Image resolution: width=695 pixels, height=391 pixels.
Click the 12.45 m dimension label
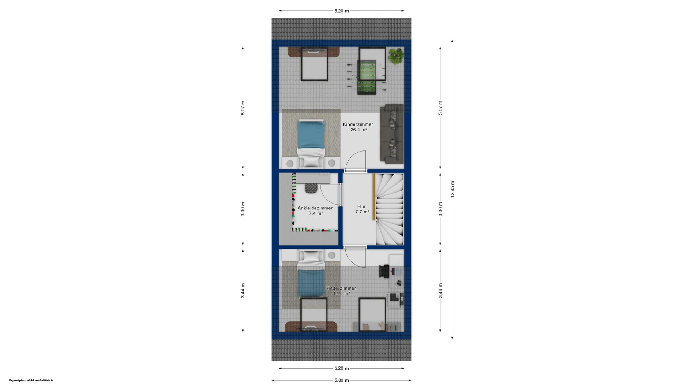pos(452,189)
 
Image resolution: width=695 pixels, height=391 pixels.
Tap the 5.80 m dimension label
pos(341,380)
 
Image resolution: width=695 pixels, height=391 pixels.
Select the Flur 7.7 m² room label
pos(362,209)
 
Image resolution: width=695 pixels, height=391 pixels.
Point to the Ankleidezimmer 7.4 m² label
pos(315,211)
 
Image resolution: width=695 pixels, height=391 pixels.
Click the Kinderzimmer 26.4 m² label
pos(358,127)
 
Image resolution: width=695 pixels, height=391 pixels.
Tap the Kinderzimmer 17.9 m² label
pos(341,291)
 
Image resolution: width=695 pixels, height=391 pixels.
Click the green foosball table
pos(367,77)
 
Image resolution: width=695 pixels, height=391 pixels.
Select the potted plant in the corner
pos(396,56)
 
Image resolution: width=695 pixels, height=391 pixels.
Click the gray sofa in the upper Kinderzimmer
pos(392,134)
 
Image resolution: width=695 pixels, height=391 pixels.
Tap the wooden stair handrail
pos(374,197)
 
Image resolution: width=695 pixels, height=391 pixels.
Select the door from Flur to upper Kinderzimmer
pos(356,161)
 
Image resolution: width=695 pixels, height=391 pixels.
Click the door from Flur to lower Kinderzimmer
pos(355,257)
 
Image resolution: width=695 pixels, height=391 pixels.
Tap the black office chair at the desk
pos(384,271)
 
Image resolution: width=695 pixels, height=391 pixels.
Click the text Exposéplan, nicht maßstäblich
pos(31,380)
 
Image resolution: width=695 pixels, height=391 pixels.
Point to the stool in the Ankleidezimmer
pos(311,188)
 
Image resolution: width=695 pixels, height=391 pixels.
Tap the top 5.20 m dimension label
pos(341,11)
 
